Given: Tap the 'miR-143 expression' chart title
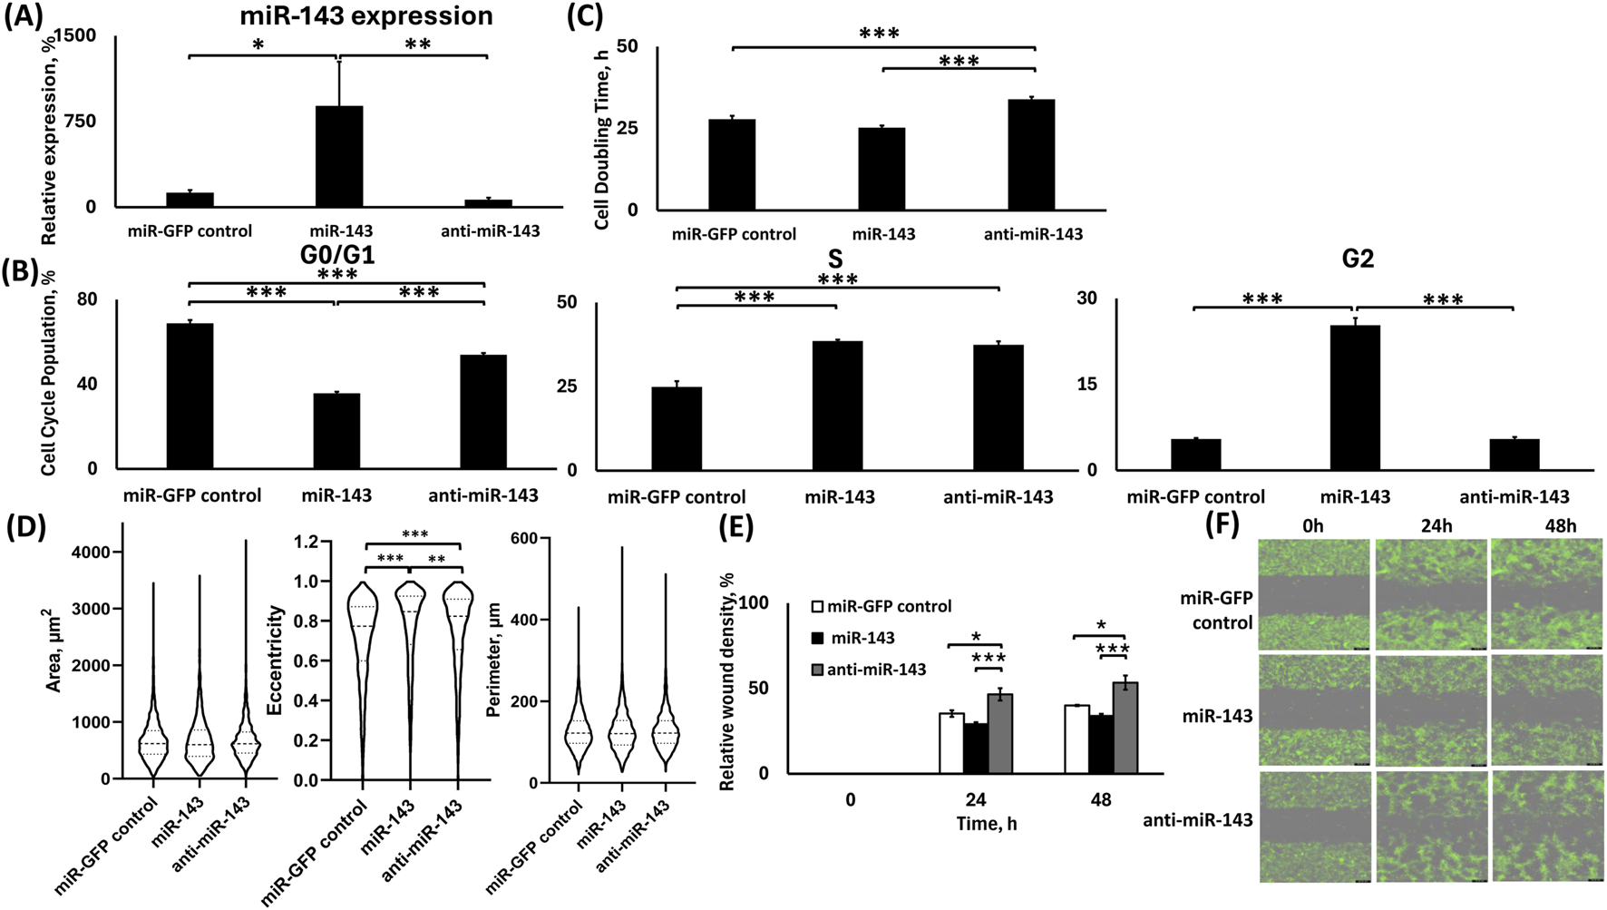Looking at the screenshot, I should [366, 15].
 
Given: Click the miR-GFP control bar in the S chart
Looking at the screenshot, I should [677, 428].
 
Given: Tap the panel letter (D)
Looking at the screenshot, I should [27, 528].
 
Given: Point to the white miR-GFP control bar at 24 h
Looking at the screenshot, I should [951, 743].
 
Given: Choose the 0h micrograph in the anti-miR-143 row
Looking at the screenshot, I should [1315, 826].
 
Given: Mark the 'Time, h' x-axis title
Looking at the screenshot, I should [986, 824].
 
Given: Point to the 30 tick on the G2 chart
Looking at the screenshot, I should [1086, 298].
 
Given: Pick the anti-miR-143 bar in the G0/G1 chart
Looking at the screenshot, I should [483, 411].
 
